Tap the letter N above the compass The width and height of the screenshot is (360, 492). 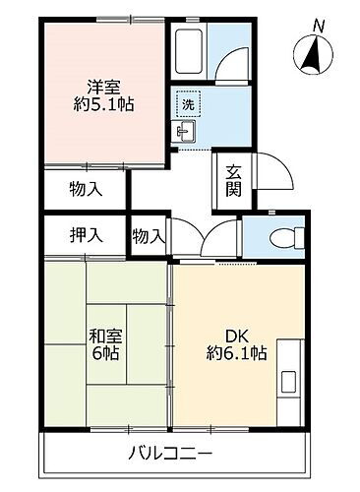pos(317,24)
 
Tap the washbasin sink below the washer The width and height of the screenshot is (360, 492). pos(184,129)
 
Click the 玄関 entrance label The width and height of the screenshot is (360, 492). pos(233,179)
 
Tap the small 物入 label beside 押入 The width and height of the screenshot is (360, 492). pos(149,236)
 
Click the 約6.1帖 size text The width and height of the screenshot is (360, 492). pos(236,351)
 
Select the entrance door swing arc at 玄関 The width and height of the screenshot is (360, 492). pos(270,177)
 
